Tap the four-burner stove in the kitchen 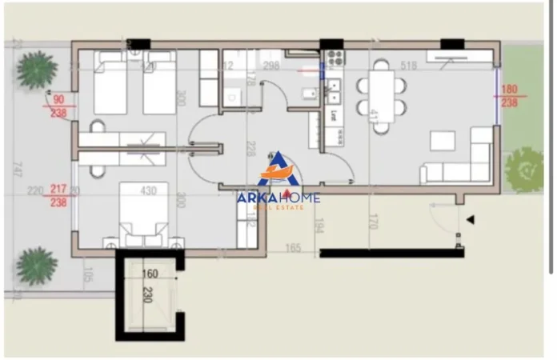(334, 58)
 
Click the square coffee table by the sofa (443, 141)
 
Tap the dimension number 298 (271, 66)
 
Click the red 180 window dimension (509, 90)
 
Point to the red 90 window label (58, 100)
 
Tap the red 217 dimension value (58, 190)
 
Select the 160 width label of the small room (150, 274)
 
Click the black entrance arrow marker (471, 218)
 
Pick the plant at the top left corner (37, 70)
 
